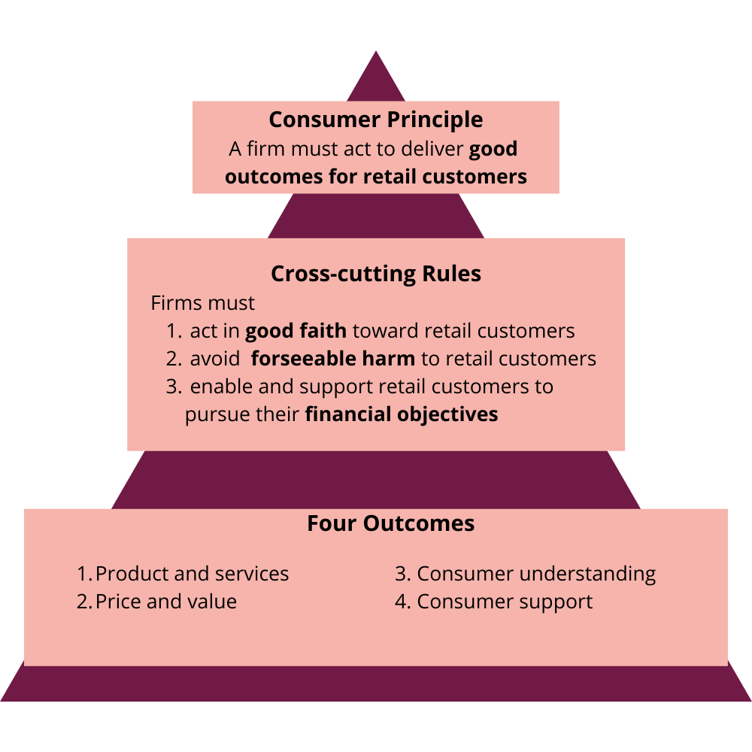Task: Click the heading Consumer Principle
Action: (x=376, y=120)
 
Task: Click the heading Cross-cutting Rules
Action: (x=376, y=274)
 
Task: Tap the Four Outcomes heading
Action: (x=390, y=523)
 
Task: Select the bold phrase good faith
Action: (x=296, y=331)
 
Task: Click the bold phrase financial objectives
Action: (x=402, y=414)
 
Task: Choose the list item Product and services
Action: (x=192, y=574)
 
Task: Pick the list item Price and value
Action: (x=165, y=602)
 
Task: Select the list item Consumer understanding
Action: (x=536, y=574)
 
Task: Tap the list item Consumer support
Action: (x=505, y=602)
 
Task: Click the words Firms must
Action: (x=203, y=304)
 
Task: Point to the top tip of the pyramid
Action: (x=376, y=54)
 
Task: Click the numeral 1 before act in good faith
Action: (x=173, y=331)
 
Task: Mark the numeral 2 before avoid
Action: (x=173, y=359)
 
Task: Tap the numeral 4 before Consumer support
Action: (x=402, y=602)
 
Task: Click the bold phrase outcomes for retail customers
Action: (x=376, y=177)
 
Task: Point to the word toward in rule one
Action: (x=385, y=331)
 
